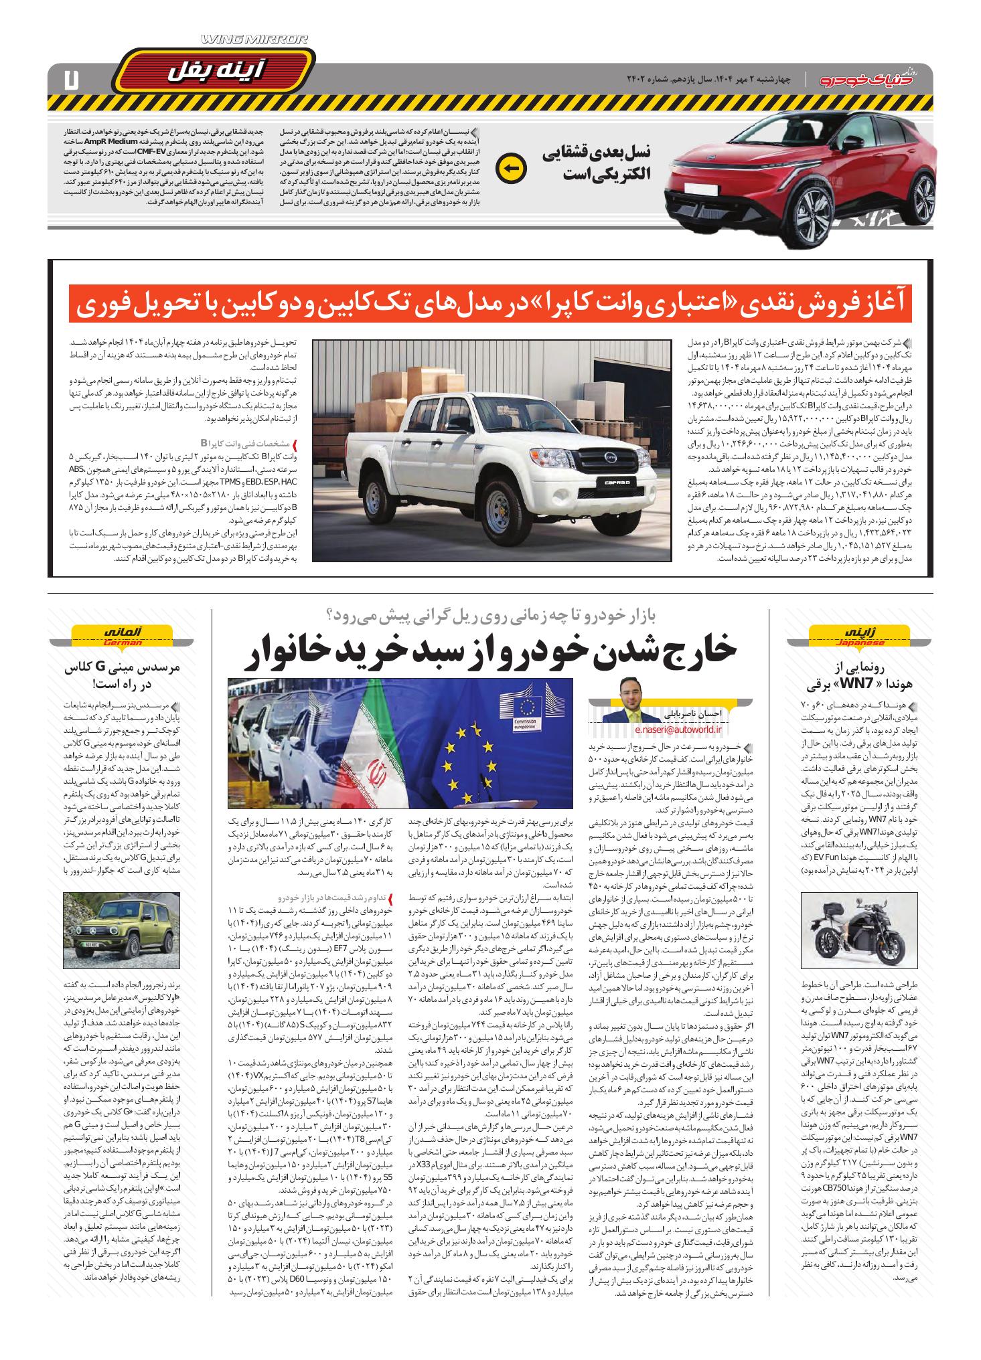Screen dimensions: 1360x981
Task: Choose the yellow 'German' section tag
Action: [123, 634]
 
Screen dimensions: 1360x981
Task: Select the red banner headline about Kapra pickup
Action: [491, 304]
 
